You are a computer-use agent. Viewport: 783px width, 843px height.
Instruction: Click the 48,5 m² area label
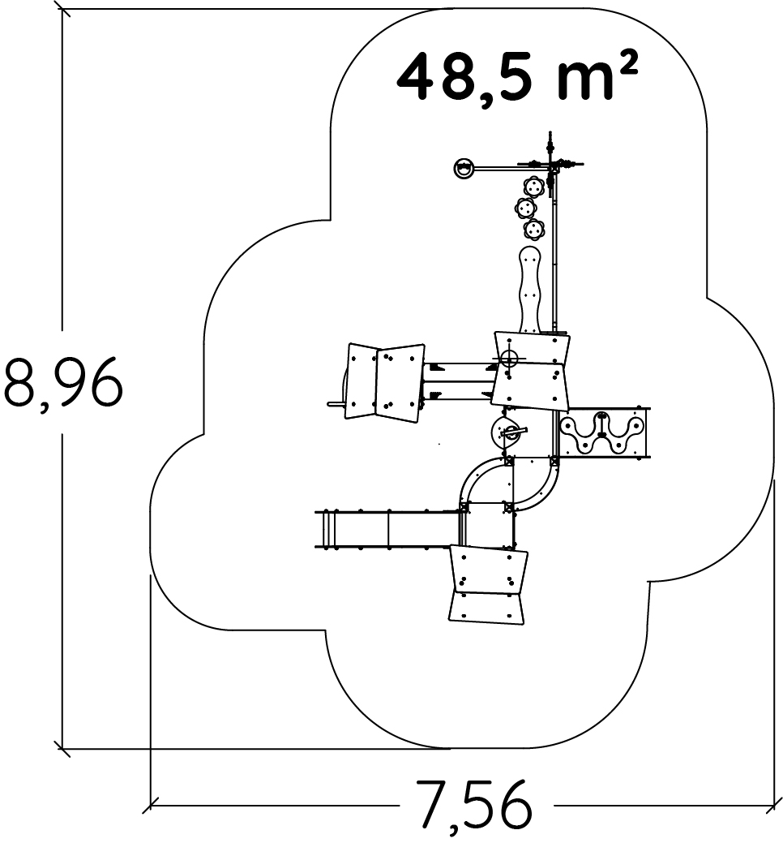517,76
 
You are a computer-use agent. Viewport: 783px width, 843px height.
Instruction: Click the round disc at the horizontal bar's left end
464,168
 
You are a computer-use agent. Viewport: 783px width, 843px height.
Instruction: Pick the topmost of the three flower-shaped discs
533,187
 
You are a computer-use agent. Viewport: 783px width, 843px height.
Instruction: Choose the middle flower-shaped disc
525,208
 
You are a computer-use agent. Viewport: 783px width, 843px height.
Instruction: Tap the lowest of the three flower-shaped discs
534,230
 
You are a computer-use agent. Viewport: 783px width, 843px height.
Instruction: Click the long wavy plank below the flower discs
530,290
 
